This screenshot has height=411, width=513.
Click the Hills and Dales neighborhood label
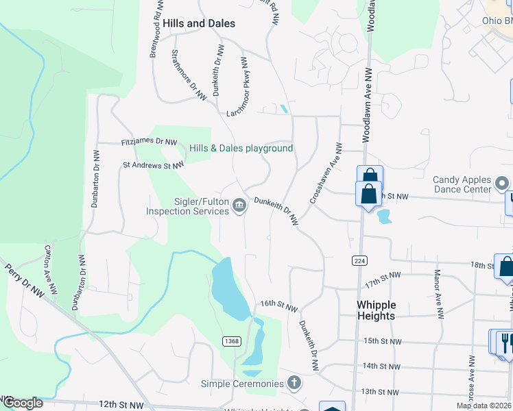point(199,23)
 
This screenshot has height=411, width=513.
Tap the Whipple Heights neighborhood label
point(376,310)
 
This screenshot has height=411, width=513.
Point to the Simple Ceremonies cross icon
point(294,383)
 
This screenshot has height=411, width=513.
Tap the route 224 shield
point(359,261)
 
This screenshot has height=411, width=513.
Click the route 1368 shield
point(232,341)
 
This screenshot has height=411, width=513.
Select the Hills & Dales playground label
point(241,148)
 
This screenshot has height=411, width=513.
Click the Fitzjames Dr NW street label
point(149,142)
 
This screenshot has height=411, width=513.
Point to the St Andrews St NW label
point(153,165)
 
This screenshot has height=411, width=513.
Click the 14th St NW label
point(380,366)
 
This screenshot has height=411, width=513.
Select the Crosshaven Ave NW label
point(324,173)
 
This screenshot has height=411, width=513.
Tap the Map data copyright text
point(484,406)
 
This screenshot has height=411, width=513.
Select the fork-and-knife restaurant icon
point(506,342)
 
